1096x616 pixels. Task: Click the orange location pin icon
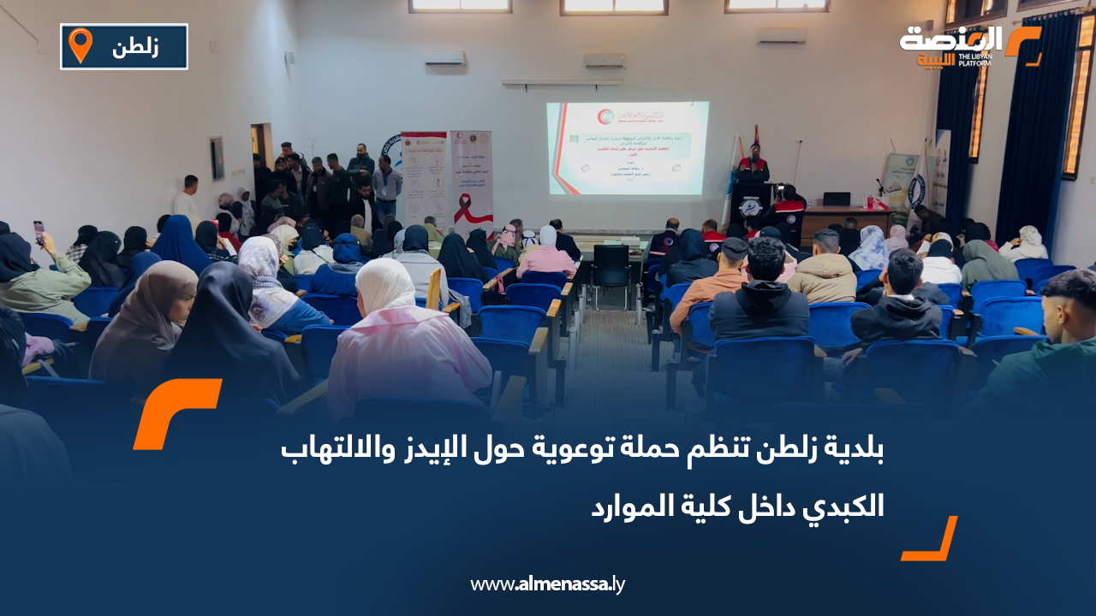(80, 45)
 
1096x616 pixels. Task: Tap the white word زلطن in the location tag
(135, 47)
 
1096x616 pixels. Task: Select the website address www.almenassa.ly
(548, 585)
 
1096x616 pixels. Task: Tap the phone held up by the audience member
(39, 232)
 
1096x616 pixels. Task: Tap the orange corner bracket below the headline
(931, 541)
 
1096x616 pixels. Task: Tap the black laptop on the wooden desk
(836, 199)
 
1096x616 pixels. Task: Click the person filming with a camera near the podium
(786, 205)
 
